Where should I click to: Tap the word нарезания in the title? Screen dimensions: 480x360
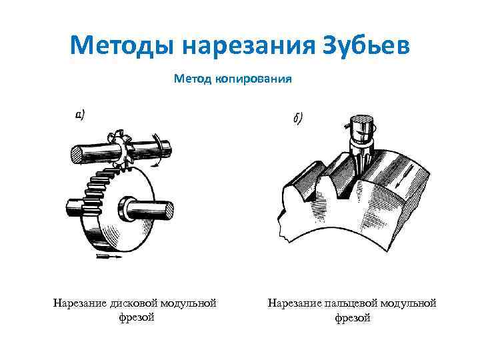(x=249, y=46)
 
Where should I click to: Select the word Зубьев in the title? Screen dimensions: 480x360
(x=366, y=46)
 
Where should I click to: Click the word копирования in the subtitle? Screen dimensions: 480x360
(x=253, y=79)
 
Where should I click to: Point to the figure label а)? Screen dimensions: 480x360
(x=80, y=115)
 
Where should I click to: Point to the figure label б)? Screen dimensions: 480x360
(x=298, y=118)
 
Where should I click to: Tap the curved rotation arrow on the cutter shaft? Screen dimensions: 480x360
(x=157, y=150)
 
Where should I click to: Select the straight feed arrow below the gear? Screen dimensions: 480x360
(x=109, y=257)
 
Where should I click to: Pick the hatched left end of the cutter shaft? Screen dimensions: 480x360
(x=77, y=155)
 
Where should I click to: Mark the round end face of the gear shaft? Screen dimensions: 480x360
(x=169, y=211)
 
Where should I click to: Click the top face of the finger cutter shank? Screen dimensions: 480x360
(x=361, y=120)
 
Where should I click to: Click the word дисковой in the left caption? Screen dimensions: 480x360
(x=133, y=303)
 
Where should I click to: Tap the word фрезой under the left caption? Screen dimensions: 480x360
(x=137, y=317)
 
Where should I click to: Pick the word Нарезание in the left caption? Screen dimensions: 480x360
(x=80, y=303)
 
